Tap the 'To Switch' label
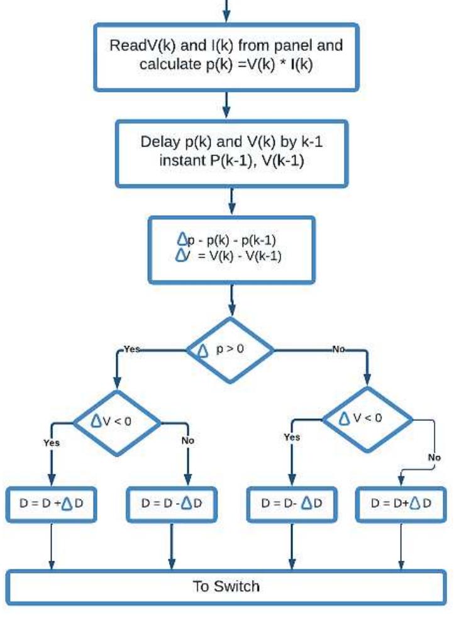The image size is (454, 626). pos(226,586)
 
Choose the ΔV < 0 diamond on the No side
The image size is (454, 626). pos(367,418)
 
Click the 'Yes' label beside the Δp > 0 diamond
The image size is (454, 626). pos(131,349)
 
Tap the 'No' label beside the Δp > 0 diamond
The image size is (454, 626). pos(338,349)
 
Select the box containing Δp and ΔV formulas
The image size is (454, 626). pos(231,250)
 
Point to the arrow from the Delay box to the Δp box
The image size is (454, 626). pos(231,201)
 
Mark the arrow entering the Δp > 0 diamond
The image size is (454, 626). pos(231,301)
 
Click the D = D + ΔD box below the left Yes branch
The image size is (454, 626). pos(51,504)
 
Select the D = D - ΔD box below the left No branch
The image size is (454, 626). pos(171,504)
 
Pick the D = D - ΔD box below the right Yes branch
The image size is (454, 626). pos(291,504)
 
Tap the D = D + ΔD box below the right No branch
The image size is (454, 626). pos(401,504)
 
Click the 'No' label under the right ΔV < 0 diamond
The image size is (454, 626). pos(434,457)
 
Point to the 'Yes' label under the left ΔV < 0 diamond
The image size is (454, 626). pos(51,443)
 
